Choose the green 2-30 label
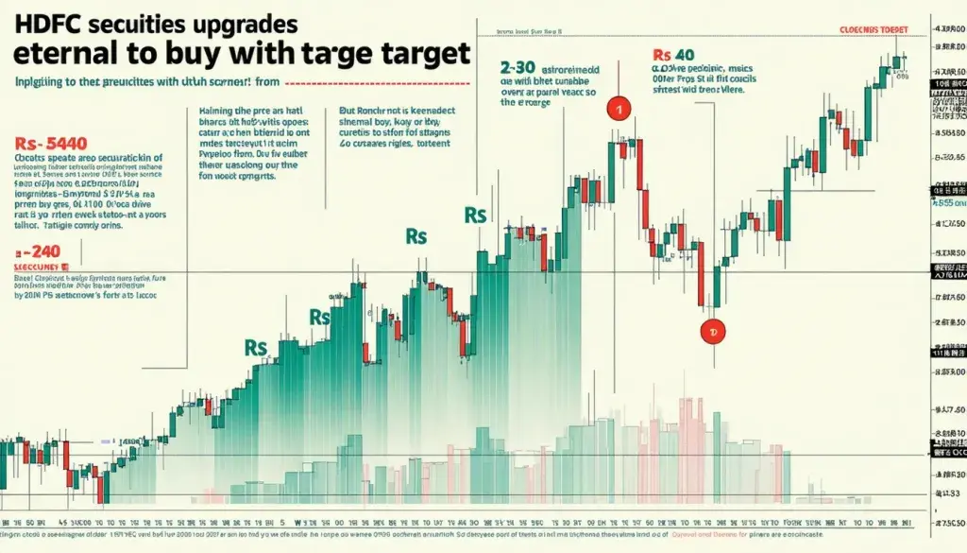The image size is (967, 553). click(519, 68)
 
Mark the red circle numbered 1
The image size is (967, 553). click(618, 109)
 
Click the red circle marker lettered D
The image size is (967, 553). click(714, 332)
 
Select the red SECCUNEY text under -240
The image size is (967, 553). click(37, 268)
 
